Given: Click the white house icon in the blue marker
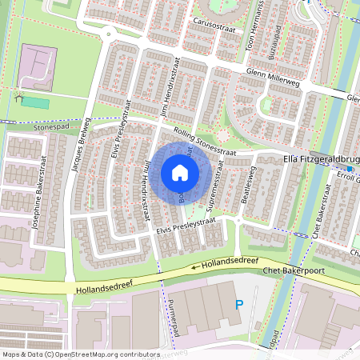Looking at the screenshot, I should [x=179, y=173].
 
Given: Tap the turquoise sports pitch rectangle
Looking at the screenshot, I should [x=34, y=102].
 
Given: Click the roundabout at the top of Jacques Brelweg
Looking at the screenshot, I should [x=108, y=34].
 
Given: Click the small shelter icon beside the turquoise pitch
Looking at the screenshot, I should [x=18, y=98].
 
